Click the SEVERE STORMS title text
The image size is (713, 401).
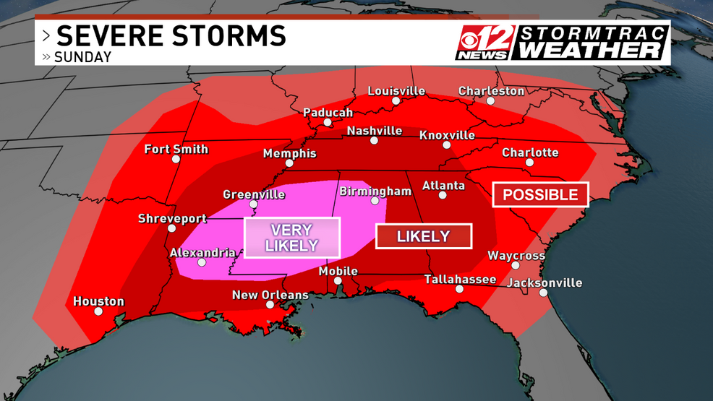click(171, 35)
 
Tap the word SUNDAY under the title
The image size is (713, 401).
click(83, 57)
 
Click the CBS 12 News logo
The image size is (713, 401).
click(485, 43)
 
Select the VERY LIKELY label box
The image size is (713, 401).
click(291, 238)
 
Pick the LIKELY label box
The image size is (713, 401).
click(424, 236)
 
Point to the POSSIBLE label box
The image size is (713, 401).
click(540, 194)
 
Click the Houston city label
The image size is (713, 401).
click(98, 301)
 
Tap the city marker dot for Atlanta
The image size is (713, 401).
click(442, 195)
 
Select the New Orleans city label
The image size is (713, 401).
click(270, 295)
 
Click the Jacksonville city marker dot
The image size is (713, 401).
click(542, 293)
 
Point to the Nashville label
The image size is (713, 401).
click(374, 131)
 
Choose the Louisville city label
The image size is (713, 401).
click(396, 91)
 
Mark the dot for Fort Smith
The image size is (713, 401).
click(176, 160)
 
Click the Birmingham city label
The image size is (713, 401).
click(375, 191)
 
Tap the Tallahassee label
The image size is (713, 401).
click(460, 280)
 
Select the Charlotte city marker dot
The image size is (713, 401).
click(529, 163)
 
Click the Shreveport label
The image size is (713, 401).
click(172, 218)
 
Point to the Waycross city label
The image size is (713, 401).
click(516, 256)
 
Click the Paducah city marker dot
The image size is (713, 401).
click(328, 122)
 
